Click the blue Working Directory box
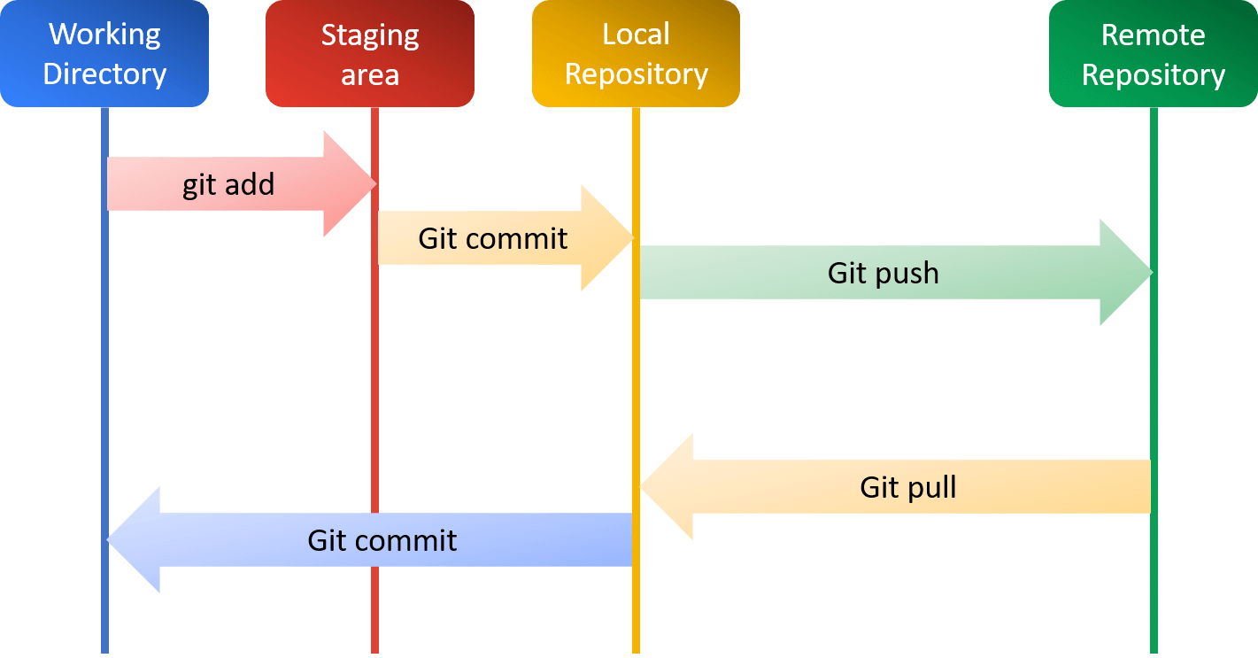click(104, 54)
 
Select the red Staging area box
click(370, 54)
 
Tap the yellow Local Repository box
click(636, 54)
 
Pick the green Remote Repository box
click(1153, 54)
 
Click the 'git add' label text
click(228, 184)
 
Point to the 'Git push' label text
click(883, 273)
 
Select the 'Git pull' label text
click(908, 487)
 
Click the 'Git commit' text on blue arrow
click(382, 540)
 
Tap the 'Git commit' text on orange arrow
click(492, 238)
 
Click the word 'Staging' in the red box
click(370, 35)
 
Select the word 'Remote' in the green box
click(1153, 35)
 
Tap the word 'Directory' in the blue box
click(104, 74)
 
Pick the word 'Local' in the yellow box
click(636, 35)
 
